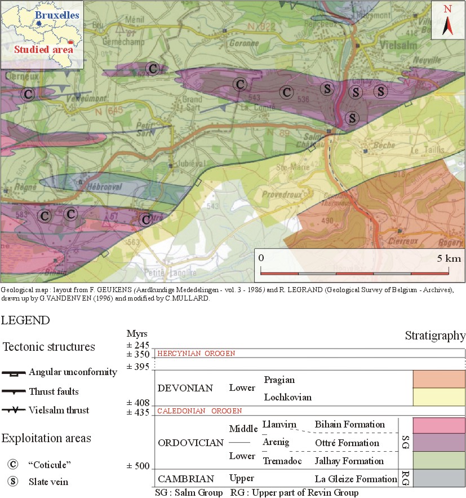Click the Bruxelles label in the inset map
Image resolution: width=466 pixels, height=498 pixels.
(55, 16)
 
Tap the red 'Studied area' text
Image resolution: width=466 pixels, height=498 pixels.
(44, 50)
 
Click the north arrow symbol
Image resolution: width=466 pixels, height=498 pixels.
(447, 23)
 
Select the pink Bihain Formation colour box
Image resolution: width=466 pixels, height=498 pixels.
(439, 425)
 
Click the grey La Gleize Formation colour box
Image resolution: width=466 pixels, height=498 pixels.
(439, 478)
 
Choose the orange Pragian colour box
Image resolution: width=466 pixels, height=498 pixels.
(439, 379)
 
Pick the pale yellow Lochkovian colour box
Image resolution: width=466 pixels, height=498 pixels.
(439, 397)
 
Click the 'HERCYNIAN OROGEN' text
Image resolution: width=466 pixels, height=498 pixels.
(196, 353)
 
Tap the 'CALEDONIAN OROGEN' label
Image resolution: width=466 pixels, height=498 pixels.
(199, 411)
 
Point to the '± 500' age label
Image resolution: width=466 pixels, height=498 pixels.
(136, 466)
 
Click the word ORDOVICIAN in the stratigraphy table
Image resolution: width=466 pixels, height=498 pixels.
(190, 443)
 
